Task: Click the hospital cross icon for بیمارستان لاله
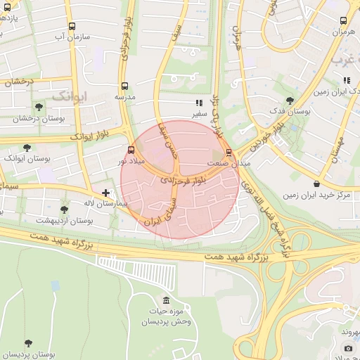tap(105, 192)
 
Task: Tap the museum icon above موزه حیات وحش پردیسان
tap(166, 300)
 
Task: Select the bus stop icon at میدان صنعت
tap(228, 152)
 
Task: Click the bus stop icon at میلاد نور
tap(131, 150)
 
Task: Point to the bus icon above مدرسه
tap(124, 86)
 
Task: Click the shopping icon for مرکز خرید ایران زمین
tap(316, 184)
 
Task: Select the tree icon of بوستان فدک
tap(290, 101)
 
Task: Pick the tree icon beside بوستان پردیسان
tap(28, 343)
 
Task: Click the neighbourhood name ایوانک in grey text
tap(70, 94)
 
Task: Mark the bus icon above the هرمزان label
tap(343, 21)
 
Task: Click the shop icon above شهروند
tap(348, 348)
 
